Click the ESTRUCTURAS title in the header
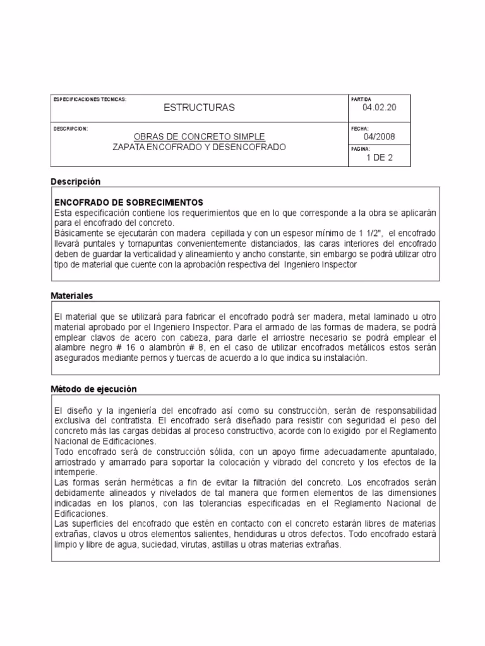point(199,108)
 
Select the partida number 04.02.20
point(380,108)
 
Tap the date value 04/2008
point(380,137)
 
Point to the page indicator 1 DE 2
point(380,158)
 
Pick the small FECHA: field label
point(359,128)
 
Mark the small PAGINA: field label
point(361,150)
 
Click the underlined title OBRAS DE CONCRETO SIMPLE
point(200,137)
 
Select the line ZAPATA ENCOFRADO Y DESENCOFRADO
point(200,146)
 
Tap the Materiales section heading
point(72,295)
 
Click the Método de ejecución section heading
point(93,389)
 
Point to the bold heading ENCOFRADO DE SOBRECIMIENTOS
point(129,203)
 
